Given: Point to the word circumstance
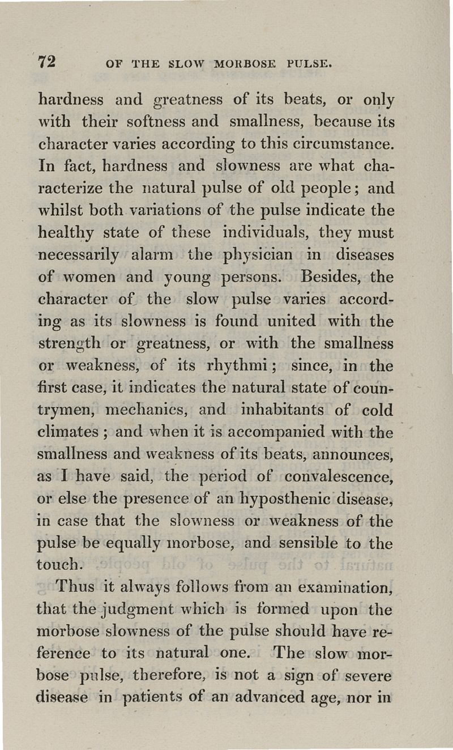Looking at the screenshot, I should click(347, 144).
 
